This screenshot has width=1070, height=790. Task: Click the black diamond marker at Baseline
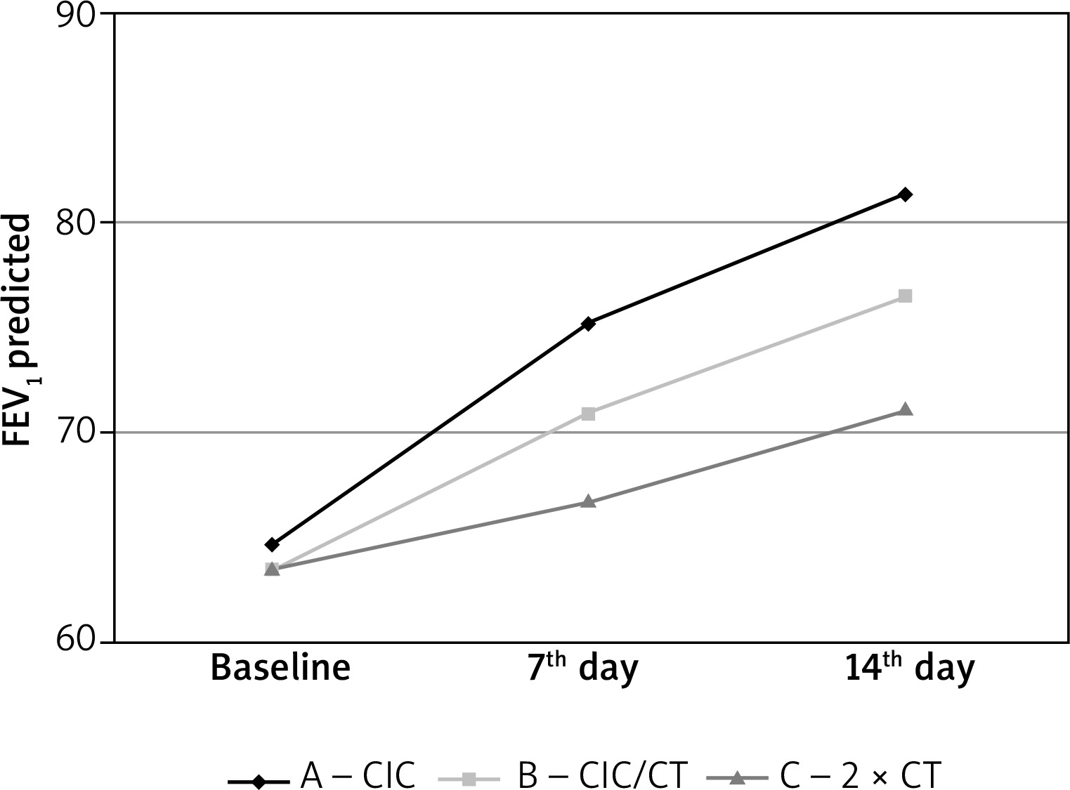pyautogui.click(x=272, y=544)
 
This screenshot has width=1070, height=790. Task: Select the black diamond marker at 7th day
pyautogui.click(x=589, y=324)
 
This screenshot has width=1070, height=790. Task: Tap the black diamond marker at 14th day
pyautogui.click(x=906, y=195)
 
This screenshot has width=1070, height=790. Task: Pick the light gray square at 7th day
pyautogui.click(x=589, y=414)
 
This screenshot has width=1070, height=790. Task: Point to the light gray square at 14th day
pyautogui.click(x=906, y=296)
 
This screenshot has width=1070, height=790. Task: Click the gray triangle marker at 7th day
pyautogui.click(x=589, y=502)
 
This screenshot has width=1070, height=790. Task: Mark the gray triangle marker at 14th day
pyautogui.click(x=906, y=409)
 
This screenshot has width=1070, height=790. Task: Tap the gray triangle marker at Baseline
pyautogui.click(x=272, y=569)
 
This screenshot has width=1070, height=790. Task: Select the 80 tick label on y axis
pyautogui.click(x=76, y=223)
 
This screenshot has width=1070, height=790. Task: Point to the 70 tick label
pyautogui.click(x=76, y=432)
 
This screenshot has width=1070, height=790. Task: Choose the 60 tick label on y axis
pyautogui.click(x=76, y=641)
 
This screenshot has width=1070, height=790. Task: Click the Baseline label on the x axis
pyautogui.click(x=280, y=668)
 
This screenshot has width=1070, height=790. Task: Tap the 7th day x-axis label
pyautogui.click(x=582, y=668)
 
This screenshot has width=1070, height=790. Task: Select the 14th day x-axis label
pyautogui.click(x=910, y=668)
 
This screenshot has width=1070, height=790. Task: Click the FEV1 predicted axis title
pyautogui.click(x=17, y=330)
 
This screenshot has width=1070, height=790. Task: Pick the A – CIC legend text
pyautogui.click(x=358, y=775)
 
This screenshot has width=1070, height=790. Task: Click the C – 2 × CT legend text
pyautogui.click(x=859, y=775)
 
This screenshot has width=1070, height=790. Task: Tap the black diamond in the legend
pyautogui.click(x=259, y=779)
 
